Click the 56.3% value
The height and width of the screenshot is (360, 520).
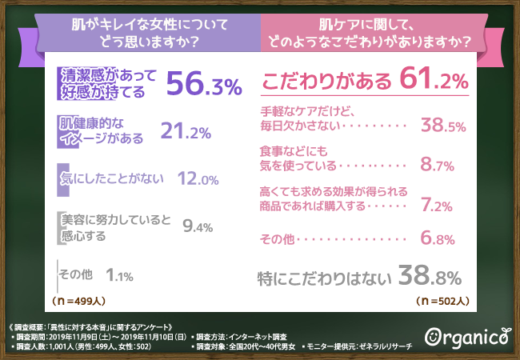tap(204, 84)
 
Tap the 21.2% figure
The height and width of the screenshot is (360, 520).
tap(187, 130)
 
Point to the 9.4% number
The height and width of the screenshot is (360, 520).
tap(197, 226)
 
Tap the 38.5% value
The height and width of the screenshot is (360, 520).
tap(443, 126)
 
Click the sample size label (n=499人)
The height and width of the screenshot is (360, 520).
tap(80, 302)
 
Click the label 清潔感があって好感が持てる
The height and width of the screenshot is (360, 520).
tap(107, 83)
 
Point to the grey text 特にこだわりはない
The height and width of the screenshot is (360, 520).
tap(324, 279)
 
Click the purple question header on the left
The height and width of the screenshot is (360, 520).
tap(130, 31)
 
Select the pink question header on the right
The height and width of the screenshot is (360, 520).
tap(389, 31)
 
